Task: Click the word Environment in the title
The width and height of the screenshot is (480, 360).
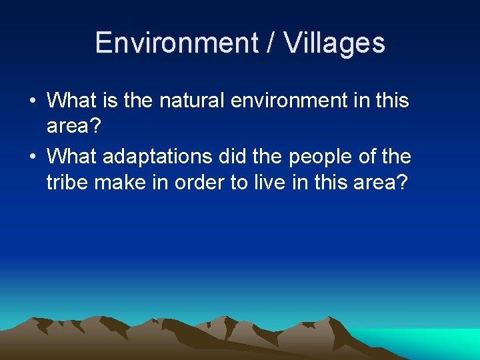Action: click(x=176, y=43)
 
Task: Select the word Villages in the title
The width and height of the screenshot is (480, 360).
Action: click(x=335, y=43)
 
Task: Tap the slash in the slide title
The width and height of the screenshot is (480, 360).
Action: click(x=271, y=43)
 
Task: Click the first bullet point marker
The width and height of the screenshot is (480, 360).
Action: click(x=32, y=101)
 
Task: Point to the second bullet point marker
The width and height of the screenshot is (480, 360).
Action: click(x=32, y=157)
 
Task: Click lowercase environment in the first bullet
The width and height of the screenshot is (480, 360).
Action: click(x=300, y=101)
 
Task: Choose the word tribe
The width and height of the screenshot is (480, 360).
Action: click(x=67, y=181)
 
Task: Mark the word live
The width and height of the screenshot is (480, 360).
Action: click(x=271, y=181)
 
